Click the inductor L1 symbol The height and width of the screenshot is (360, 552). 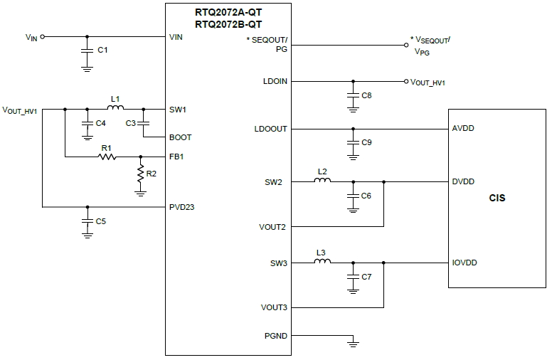coord(115,109)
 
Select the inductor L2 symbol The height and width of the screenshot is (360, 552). coord(322,181)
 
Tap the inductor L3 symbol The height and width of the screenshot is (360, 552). coord(322,263)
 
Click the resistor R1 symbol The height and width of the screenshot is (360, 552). coord(107,157)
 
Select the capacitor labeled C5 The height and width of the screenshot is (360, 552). coord(87,221)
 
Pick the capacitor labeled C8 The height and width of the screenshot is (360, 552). coord(352,95)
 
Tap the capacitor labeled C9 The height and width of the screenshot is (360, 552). coord(352,143)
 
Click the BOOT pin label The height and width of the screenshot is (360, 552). coord(179,137)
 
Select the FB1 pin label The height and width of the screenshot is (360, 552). coord(176,157)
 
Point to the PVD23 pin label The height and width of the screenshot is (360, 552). coord(181,207)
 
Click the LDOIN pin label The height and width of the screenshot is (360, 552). coord(275,81)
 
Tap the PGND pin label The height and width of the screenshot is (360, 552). coord(275,335)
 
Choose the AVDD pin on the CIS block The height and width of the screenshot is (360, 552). coord(463,129)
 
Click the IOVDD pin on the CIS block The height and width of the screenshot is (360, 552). coord(465,263)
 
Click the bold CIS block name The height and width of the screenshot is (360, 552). coord(497,198)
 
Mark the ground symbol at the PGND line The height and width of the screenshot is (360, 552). coord(352,344)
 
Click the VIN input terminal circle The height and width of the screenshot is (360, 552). coord(43,36)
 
